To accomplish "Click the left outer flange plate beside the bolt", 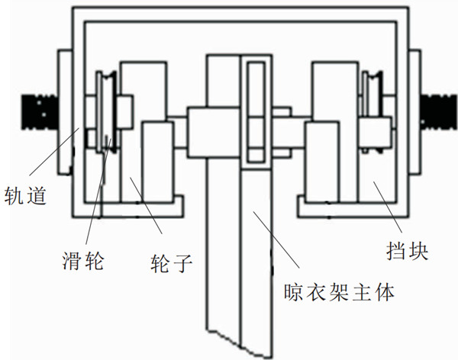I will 64,107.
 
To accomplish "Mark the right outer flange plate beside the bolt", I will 415,107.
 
